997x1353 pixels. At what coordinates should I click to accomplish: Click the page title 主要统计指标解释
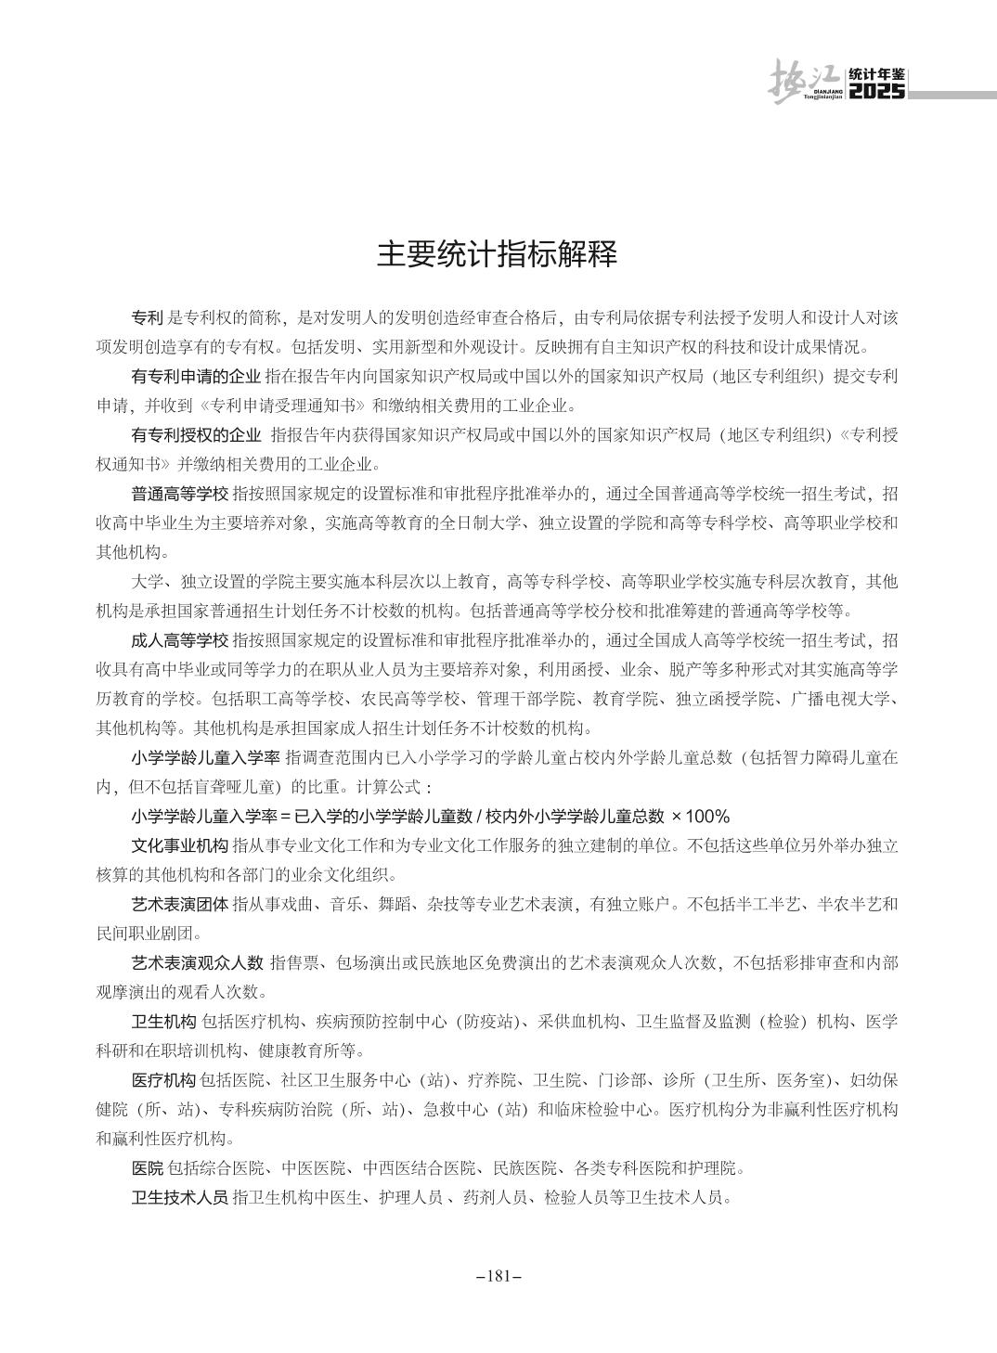click(498, 255)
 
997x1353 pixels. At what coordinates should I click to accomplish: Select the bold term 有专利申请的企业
click(196, 377)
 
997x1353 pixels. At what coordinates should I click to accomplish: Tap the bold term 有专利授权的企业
click(196, 435)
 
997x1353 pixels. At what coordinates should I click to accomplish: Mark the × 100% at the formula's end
click(701, 817)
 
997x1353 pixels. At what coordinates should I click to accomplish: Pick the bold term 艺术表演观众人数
click(197, 962)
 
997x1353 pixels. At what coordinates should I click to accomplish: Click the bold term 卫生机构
click(163, 1022)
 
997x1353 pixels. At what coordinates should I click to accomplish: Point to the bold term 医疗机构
click(163, 1080)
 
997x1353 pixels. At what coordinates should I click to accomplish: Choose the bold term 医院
click(148, 1167)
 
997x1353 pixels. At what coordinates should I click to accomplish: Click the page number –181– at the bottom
click(498, 1276)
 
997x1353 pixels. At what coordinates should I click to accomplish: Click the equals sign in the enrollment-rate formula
click(286, 817)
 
